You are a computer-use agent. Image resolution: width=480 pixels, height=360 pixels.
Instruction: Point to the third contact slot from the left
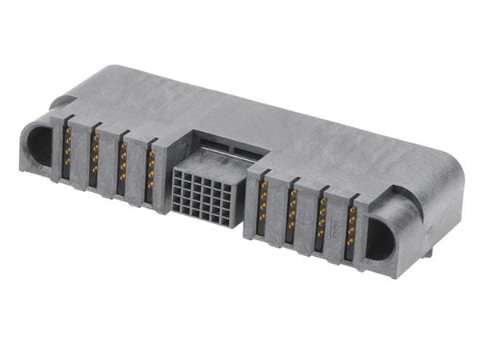[122, 168]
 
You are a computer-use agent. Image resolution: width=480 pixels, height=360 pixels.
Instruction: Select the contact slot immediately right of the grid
[262, 206]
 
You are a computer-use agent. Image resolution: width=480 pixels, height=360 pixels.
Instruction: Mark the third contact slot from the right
[292, 215]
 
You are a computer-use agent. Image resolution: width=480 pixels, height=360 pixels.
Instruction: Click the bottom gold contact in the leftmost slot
[66, 163]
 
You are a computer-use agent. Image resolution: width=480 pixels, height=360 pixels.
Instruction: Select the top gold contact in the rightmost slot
[352, 211]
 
